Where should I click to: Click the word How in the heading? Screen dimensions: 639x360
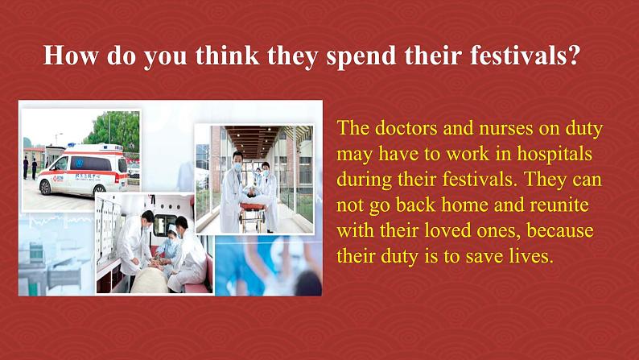[x=71, y=55]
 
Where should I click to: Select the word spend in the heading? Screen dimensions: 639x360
[x=361, y=56]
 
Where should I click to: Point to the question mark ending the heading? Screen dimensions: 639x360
[x=572, y=55]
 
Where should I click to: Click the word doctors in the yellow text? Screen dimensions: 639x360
[x=406, y=128]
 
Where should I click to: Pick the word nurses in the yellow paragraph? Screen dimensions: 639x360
[x=505, y=129]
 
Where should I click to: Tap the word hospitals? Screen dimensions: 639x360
[x=554, y=154]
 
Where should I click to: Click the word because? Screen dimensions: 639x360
[x=560, y=230]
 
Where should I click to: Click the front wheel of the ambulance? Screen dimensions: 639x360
[x=46, y=187]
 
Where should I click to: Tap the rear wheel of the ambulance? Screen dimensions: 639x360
[x=99, y=188]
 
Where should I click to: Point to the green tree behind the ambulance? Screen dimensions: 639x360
[x=113, y=130]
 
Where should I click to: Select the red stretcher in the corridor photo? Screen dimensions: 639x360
[x=252, y=207]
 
